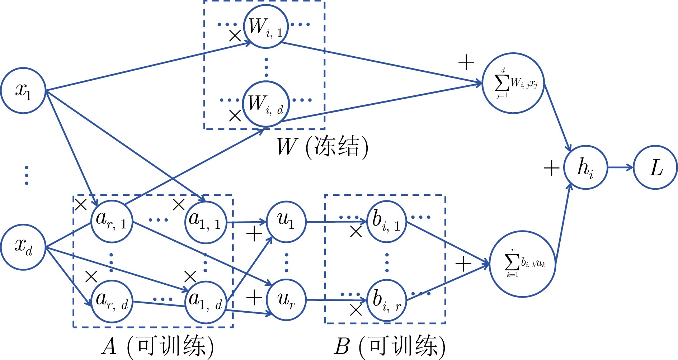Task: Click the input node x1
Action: [23, 90]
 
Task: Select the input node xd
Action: [23, 247]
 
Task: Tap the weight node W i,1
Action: [266, 26]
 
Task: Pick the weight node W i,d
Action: [266, 104]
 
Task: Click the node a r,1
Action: [112, 222]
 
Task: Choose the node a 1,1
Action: [206, 222]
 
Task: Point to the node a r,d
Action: [112, 302]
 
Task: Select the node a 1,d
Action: [206, 302]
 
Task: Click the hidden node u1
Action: [286, 222]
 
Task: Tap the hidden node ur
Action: [286, 300]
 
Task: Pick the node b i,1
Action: [387, 222]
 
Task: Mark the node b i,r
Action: [387, 300]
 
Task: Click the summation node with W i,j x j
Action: [513, 83]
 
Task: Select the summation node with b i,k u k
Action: [523, 264]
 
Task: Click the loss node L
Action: [655, 167]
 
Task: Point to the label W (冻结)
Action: [322, 147]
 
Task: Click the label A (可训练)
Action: [158, 346]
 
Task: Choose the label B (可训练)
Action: [390, 346]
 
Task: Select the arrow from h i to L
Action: [621, 167]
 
